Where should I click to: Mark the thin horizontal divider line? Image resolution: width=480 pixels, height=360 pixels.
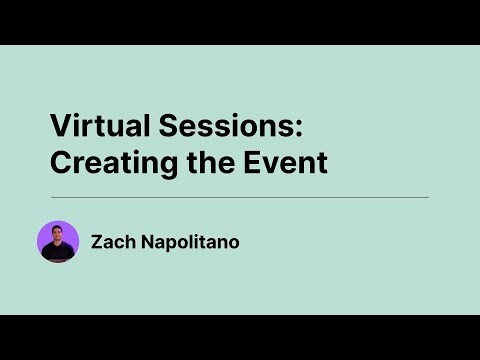[x=240, y=197]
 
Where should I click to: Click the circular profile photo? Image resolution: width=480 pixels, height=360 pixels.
[x=58, y=241]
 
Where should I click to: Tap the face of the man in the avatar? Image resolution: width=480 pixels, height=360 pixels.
[x=58, y=235]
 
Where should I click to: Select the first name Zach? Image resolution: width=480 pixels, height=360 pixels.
[x=110, y=241]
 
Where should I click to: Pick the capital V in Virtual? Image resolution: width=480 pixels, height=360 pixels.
[x=59, y=126]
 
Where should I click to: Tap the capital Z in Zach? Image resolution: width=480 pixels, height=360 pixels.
[x=96, y=241]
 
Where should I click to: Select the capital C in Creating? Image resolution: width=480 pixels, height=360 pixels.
[x=61, y=162]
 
